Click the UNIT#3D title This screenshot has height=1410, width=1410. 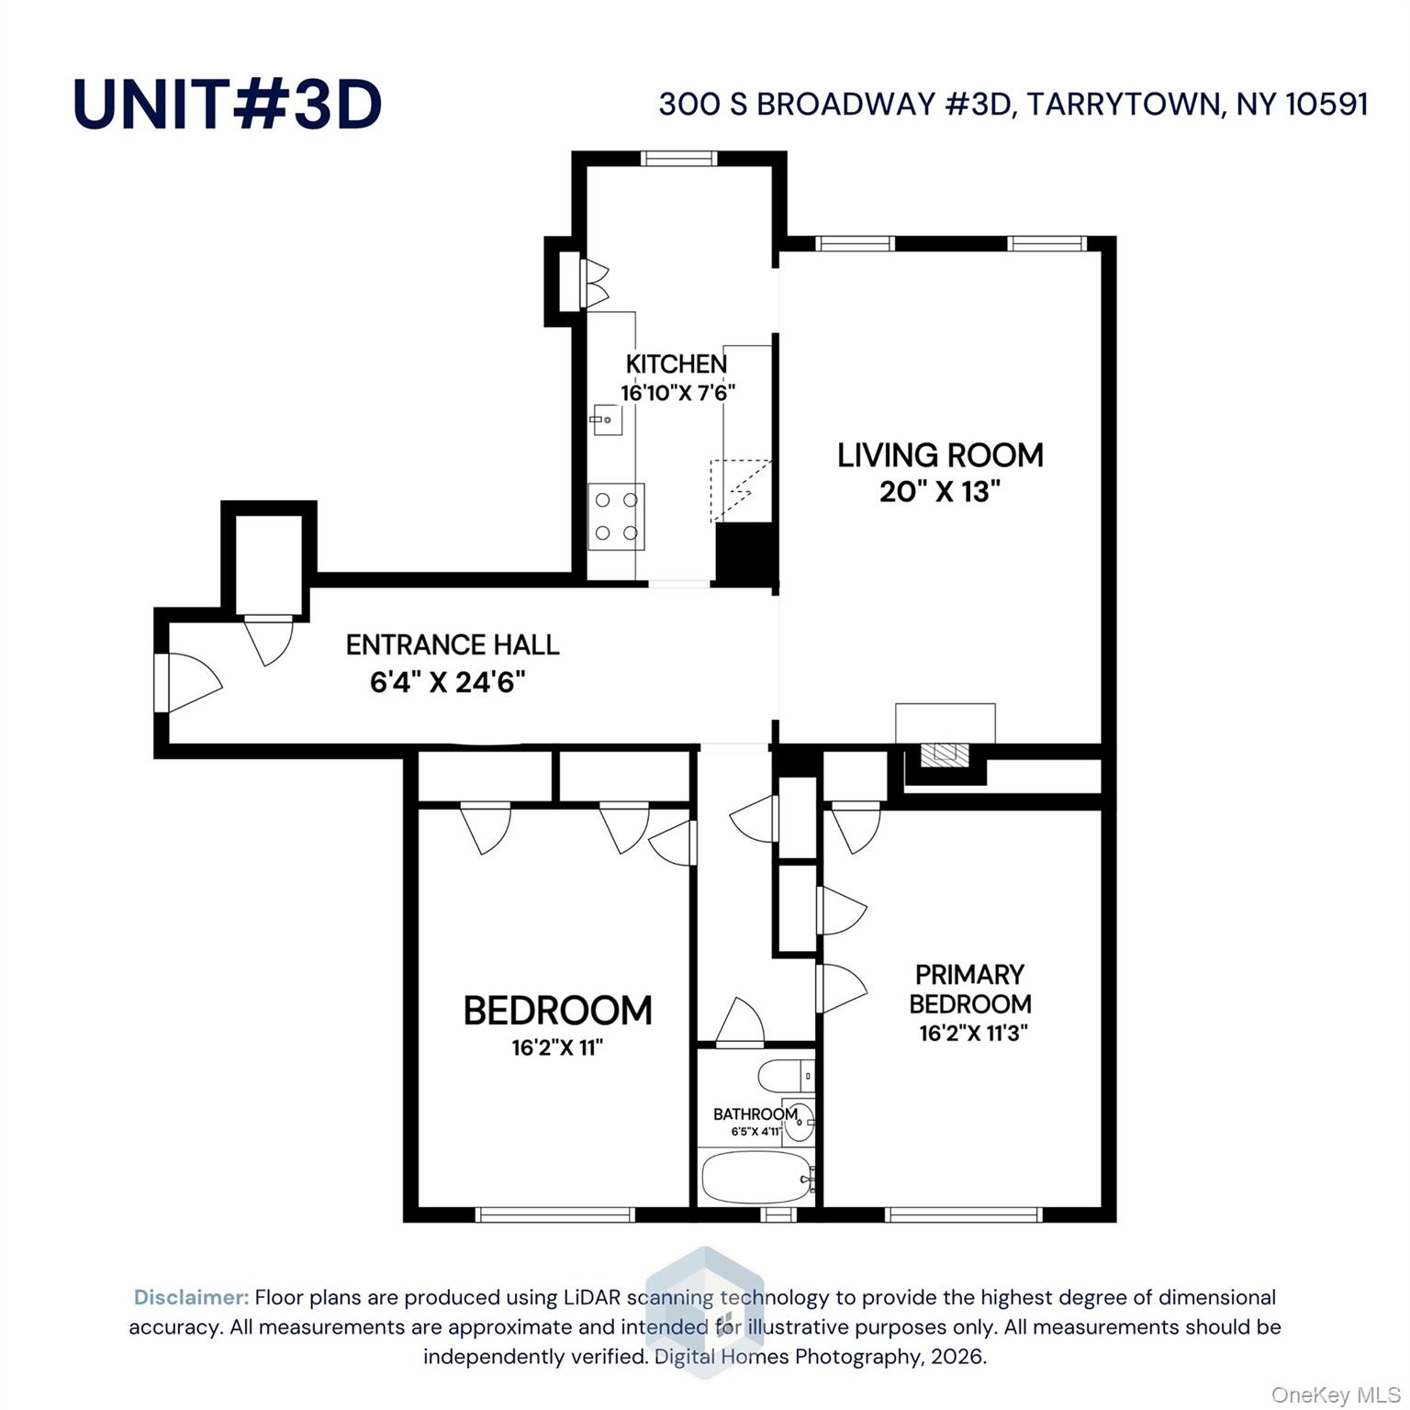[x=227, y=104]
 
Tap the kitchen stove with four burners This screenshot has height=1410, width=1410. [x=616, y=516]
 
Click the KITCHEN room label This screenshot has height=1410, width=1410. [x=677, y=364]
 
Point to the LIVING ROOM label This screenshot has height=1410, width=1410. [x=940, y=455]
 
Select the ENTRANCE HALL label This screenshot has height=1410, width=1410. [x=453, y=645]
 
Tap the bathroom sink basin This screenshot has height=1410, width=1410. [x=799, y=1120]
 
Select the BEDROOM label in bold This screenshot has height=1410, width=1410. [x=557, y=1011]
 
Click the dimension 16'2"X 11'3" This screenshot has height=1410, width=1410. [x=973, y=1033]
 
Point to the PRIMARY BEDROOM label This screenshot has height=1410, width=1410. [x=970, y=989]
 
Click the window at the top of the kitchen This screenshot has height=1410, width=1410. [x=679, y=158]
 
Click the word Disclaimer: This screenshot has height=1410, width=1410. [x=191, y=1297]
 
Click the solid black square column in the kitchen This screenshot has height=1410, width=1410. [x=745, y=552]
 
